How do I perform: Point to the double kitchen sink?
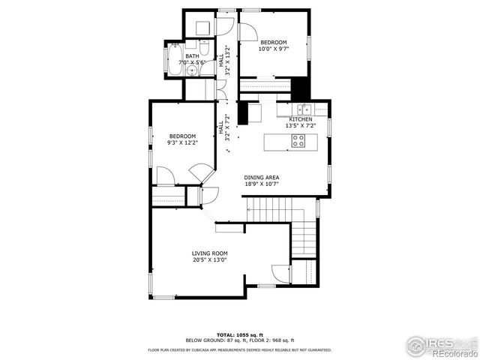(301, 110)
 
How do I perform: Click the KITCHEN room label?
(301, 120)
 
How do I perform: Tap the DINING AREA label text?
(262, 177)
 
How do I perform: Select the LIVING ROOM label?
(210, 253)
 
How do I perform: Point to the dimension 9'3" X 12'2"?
(183, 142)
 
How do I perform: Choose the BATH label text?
(193, 55)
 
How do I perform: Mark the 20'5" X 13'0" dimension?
(210, 260)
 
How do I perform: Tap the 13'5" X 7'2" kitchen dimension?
(301, 126)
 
